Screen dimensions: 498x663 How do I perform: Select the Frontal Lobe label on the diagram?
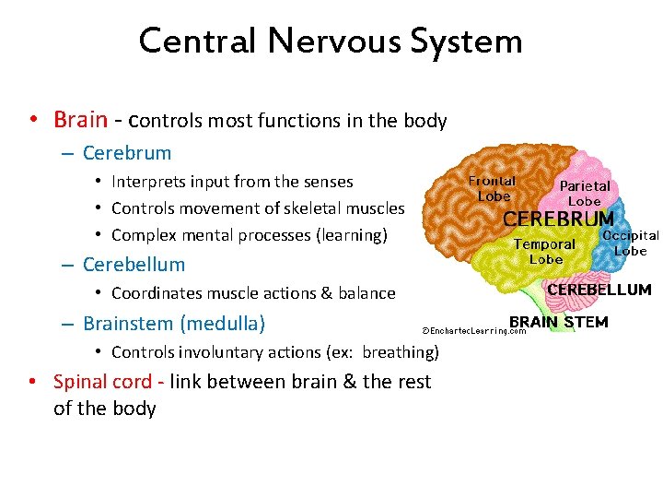493,188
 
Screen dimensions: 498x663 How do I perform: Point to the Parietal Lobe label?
585,193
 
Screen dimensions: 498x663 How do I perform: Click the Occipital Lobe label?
631,243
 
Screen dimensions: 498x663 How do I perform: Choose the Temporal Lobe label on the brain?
544,251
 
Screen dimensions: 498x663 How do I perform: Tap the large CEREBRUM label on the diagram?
558,219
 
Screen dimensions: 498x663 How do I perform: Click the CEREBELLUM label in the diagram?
599,290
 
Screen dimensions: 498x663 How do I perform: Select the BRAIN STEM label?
559,322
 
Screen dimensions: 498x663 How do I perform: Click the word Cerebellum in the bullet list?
134,265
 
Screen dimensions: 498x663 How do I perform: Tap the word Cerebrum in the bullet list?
127,153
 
